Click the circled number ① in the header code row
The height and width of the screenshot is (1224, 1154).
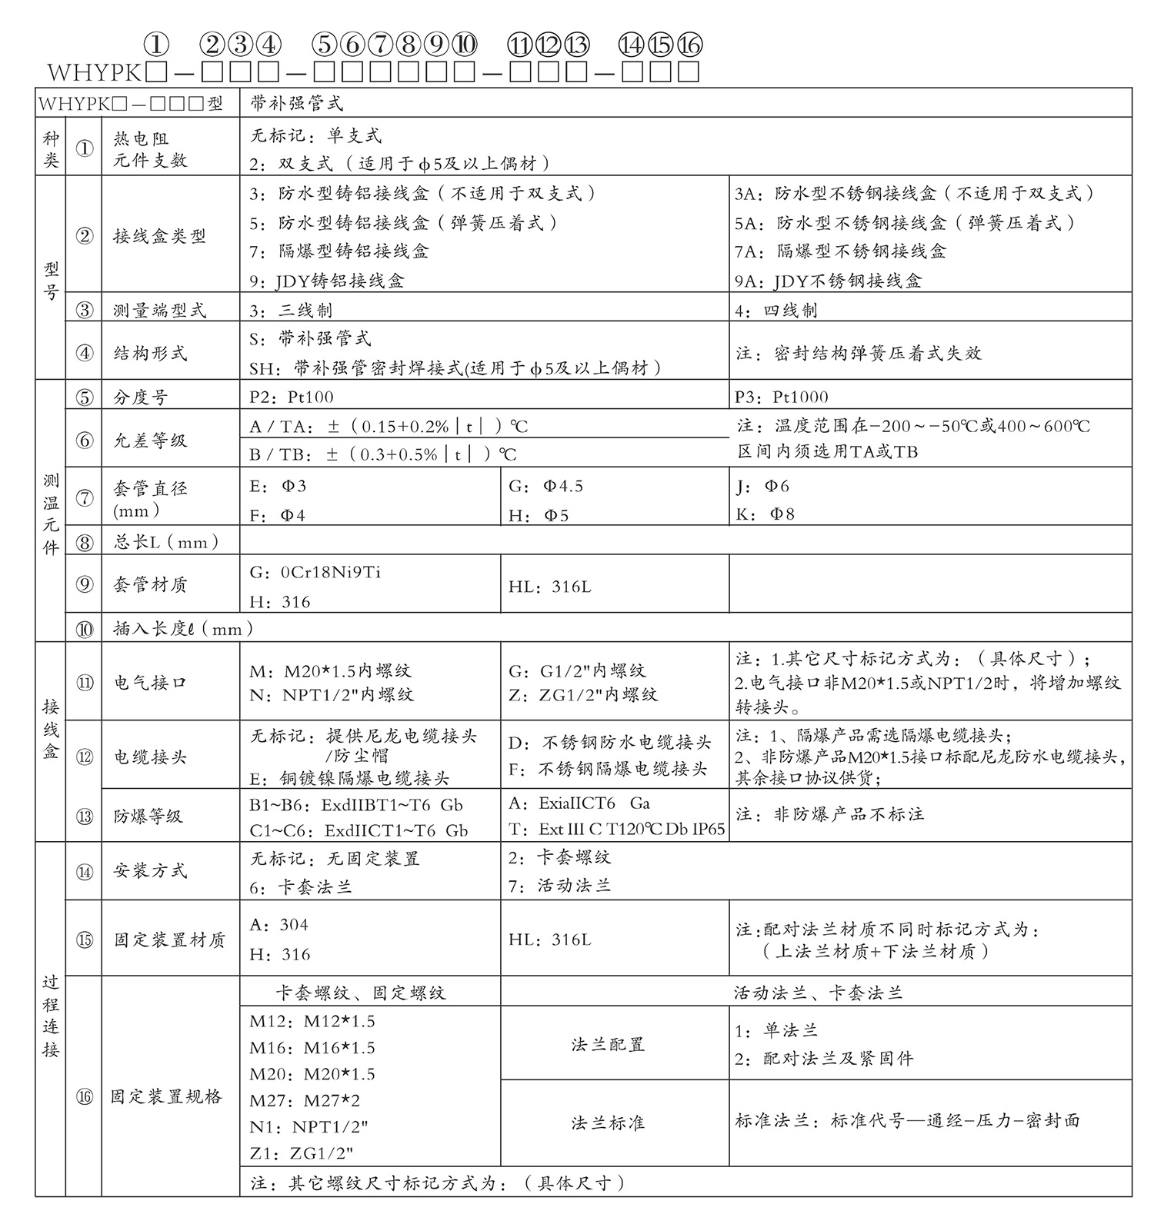[156, 45]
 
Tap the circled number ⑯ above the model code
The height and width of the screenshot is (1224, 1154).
[689, 45]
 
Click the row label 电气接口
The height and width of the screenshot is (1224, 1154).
[151, 682]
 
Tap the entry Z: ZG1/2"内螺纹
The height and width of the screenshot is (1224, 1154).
[583, 695]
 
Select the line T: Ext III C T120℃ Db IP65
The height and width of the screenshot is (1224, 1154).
[616, 829]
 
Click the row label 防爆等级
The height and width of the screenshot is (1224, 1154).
[148, 816]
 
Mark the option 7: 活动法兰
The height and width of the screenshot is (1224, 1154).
[559, 886]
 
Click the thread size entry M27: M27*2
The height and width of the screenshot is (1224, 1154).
[305, 1100]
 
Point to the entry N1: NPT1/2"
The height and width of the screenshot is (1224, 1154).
[309, 1127]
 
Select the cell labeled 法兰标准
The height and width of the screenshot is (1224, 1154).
[608, 1123]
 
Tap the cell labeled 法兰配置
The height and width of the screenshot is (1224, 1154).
[608, 1044]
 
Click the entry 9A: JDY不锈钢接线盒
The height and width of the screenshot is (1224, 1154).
[828, 281]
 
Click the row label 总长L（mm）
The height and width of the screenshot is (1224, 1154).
[166, 542]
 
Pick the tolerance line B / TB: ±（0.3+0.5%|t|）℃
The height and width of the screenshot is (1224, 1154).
[383, 454]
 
